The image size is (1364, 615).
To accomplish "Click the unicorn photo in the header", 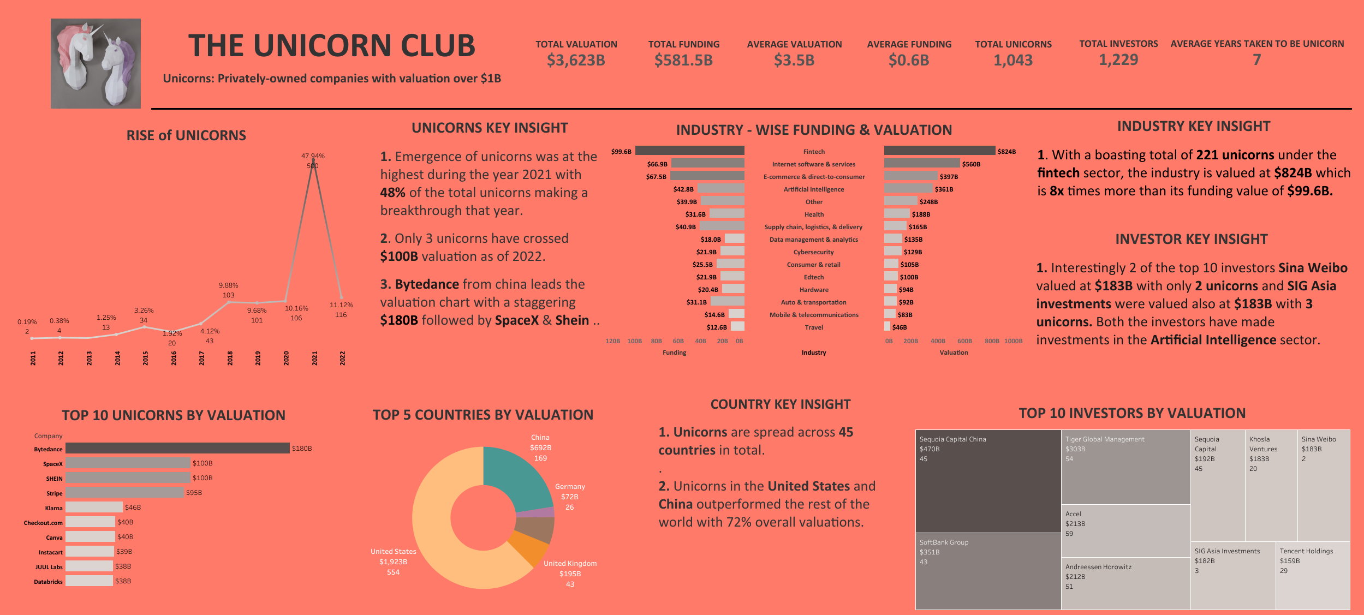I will tap(96, 63).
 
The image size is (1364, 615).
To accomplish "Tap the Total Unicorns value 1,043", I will tap(1013, 60).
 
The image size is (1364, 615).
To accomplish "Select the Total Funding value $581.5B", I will tap(683, 60).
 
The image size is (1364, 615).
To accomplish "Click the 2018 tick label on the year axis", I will tap(230, 358).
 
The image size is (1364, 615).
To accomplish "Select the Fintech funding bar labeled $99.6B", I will tap(689, 151).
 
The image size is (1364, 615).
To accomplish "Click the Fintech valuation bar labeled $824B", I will tap(939, 151).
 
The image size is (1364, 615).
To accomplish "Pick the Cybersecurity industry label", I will tap(813, 252).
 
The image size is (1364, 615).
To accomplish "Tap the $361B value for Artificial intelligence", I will tap(944, 189).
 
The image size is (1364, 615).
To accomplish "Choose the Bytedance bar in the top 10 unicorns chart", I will tap(177, 448).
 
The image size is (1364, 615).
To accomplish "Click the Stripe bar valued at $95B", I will tap(124, 492).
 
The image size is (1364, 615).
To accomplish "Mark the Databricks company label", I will tap(48, 582).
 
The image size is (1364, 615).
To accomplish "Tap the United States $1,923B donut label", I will tap(393, 562).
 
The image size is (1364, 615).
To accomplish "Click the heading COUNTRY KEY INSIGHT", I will tap(780, 404).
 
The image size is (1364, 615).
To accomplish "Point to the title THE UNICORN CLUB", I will tap(331, 46).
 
